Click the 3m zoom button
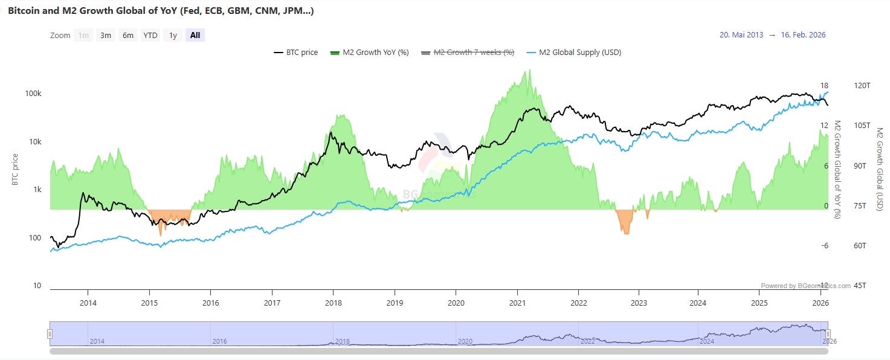(106, 35)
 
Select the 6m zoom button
(128, 35)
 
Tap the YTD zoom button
(150, 35)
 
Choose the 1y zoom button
(173, 35)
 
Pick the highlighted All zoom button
(195, 35)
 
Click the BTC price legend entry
(296, 53)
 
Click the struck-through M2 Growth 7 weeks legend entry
(467, 53)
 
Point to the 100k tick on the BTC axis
(33, 94)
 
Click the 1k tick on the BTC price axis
(37, 190)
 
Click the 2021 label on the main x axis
(517, 303)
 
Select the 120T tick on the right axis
(861, 86)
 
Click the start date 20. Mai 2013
(741, 35)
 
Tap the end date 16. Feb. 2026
(803, 35)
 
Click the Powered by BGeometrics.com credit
(805, 286)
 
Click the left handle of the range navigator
(50, 333)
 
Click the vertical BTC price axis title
(15, 170)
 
